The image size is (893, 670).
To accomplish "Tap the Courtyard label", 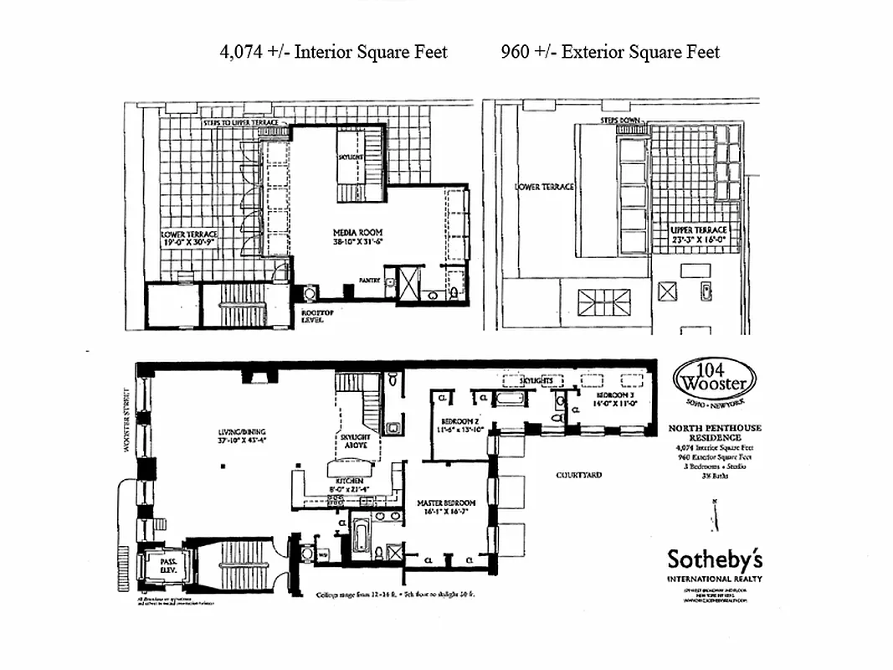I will pyautogui.click(x=579, y=475).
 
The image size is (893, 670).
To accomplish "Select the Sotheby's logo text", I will pyautogui.click(x=714, y=559).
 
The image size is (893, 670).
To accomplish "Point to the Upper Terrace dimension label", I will pyautogui.click(x=699, y=234).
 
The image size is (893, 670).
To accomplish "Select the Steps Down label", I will pyautogui.click(x=619, y=121).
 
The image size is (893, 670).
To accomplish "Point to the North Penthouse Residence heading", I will pyautogui.click(x=715, y=432).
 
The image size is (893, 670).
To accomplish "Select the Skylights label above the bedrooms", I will pyautogui.click(x=536, y=380).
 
